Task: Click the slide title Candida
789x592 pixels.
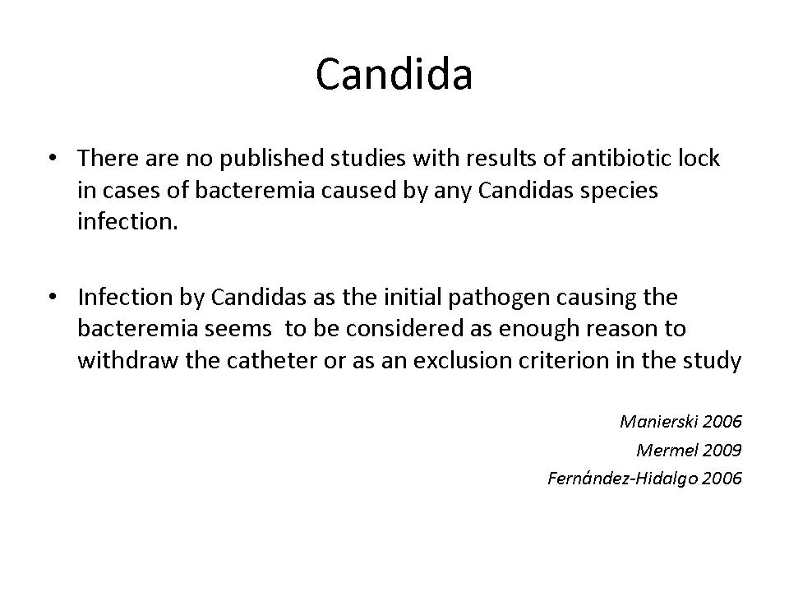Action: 394,74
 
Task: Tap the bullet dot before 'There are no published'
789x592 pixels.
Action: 53,158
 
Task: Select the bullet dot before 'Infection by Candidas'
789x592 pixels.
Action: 53,297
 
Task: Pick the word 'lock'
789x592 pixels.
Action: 699,158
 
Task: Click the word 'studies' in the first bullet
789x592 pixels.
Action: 368,158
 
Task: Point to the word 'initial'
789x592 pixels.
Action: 413,297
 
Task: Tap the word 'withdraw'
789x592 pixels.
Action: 128,360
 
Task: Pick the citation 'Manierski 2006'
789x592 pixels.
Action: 681,421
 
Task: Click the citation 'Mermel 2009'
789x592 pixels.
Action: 689,450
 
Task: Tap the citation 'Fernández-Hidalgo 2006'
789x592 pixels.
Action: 644,479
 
